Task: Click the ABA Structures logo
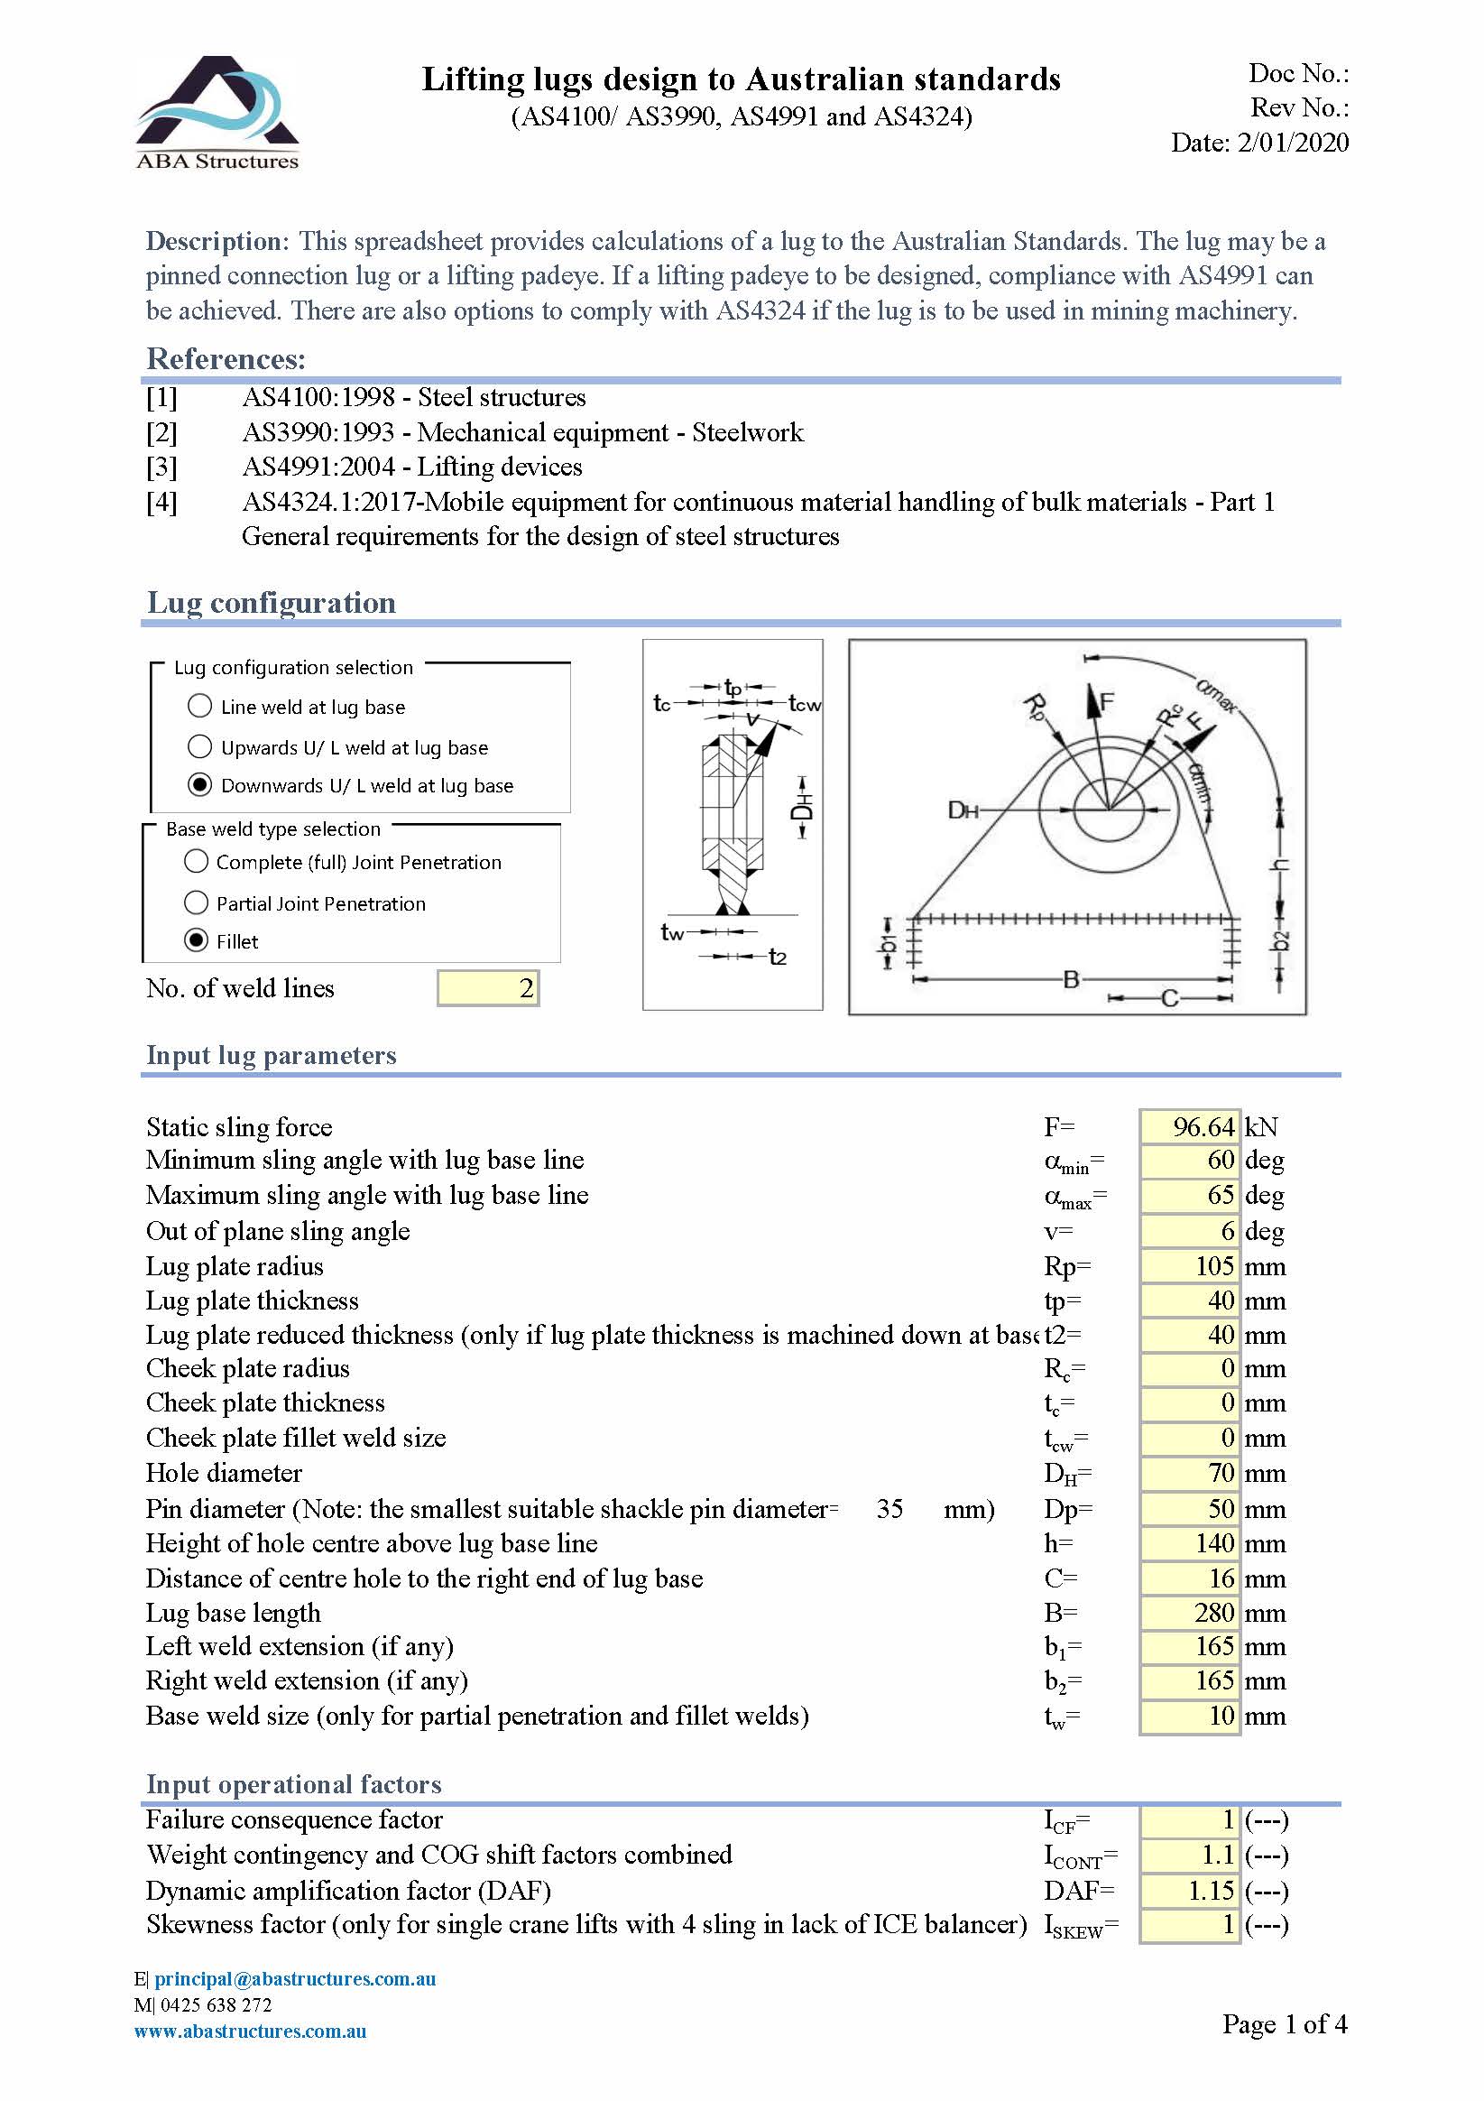217,112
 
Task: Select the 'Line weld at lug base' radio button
199,706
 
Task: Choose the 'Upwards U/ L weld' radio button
199,746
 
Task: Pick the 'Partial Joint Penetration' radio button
196,902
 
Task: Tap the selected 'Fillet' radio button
196,939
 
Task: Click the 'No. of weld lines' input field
488,987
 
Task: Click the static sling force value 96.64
1189,1126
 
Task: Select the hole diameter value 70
1189,1472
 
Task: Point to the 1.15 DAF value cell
1189,1890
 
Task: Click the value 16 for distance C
1189,1578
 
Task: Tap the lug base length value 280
1189,1613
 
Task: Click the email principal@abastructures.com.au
295,1978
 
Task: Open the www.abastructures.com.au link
250,2031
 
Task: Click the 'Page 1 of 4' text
1284,2023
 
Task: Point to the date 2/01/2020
1292,142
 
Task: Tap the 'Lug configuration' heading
271,602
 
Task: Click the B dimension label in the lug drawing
1071,979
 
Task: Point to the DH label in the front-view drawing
963,810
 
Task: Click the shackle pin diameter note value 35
889,1508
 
